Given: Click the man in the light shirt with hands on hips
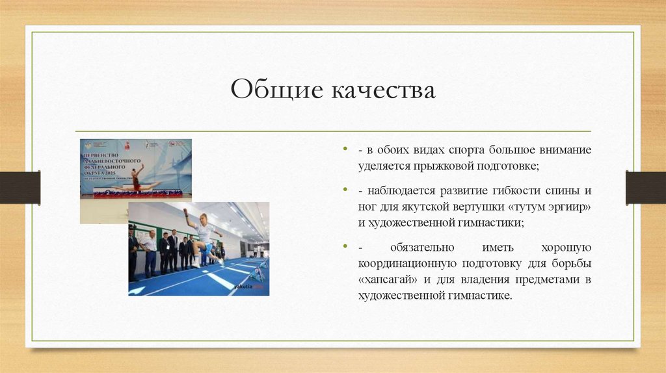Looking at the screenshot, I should (x=150, y=250).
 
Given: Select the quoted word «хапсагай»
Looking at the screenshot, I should (x=390, y=280).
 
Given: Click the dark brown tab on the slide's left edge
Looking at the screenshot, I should (x=20, y=187).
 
